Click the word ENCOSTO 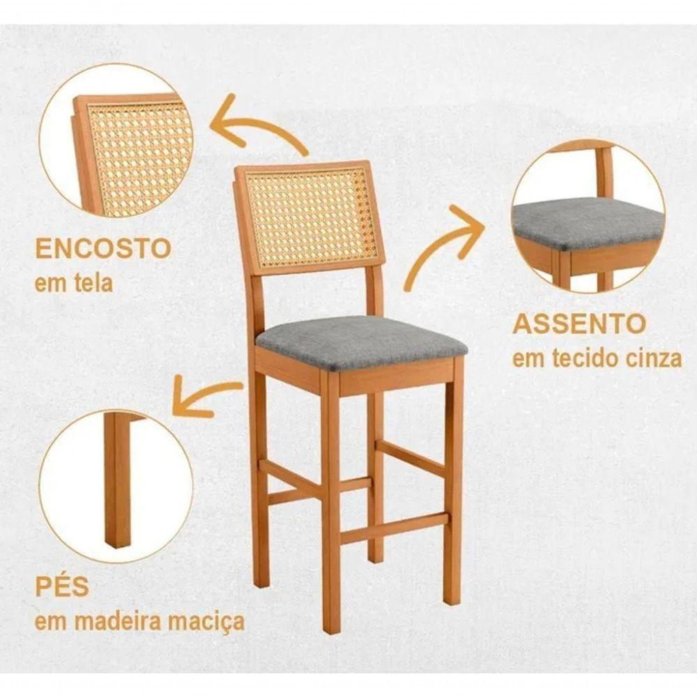coord(103,248)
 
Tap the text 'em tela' coord(74,284)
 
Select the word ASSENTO coord(579,324)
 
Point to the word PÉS coord(63,586)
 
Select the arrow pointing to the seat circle coord(446,244)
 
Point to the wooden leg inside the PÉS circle coord(117,481)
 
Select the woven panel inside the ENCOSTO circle coord(139,150)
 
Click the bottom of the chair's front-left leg coord(332,624)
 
